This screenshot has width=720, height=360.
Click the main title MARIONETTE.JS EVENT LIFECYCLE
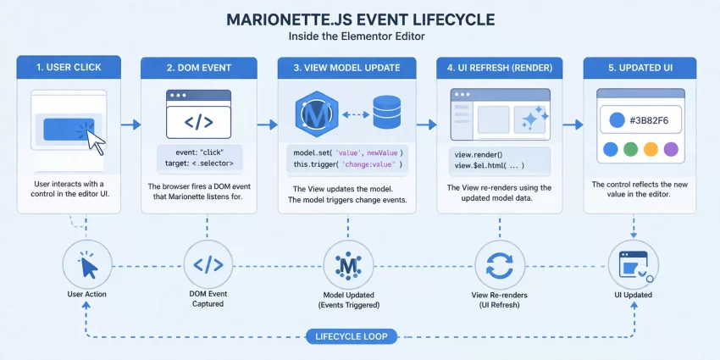(360, 18)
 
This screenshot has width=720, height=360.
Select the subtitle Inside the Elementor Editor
(360, 37)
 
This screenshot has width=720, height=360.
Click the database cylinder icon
(386, 113)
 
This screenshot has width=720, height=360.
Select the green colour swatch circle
(630, 150)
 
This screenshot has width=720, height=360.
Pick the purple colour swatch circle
(672, 150)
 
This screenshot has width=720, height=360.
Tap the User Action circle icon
(87, 265)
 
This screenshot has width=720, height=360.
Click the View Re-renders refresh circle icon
(499, 265)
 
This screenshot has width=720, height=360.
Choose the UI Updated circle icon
(634, 265)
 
